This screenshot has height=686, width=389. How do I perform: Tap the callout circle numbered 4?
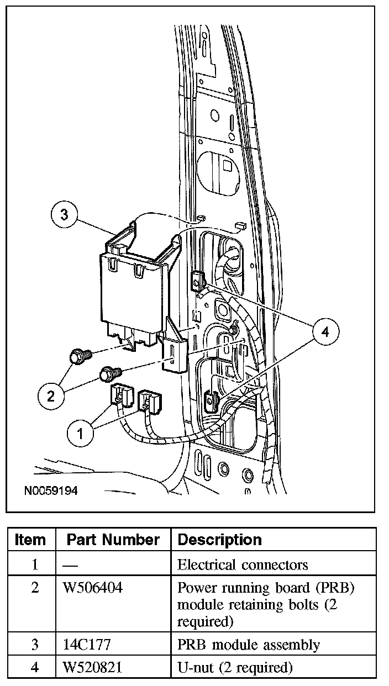coord(325,332)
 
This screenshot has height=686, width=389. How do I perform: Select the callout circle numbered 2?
coord(51,395)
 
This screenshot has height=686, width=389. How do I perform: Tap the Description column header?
coord(219,540)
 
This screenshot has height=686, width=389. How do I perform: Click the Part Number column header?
coord(113,540)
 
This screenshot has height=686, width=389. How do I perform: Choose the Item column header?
coord(31,540)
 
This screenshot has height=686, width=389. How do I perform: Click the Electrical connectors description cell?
coord(242,564)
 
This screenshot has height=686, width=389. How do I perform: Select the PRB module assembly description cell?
coord(248,644)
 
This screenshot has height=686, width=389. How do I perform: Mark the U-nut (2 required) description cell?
coord(234,667)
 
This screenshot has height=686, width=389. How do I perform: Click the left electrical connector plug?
coord(121,395)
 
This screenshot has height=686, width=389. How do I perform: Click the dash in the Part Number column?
coord(70,564)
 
